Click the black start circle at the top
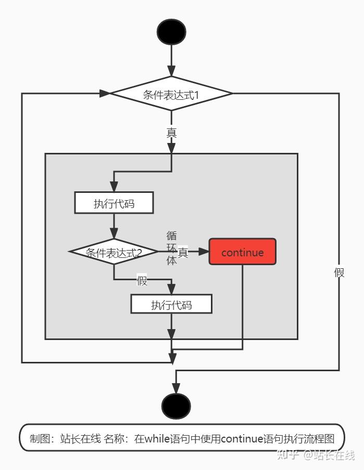pos(171,31)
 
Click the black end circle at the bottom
pos(176,406)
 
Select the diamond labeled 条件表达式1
pos(171,94)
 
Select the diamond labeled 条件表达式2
pos(114,252)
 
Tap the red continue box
pos(242,252)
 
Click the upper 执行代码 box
pos(114,203)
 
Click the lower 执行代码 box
pos(171,304)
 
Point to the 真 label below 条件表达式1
pos(171,133)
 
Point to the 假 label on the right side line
pos(339,272)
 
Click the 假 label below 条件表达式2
pos(142,281)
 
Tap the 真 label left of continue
pos(183,252)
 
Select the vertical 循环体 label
pos(171,248)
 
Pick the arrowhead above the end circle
pos(176,388)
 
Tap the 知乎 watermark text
pos(288,454)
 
